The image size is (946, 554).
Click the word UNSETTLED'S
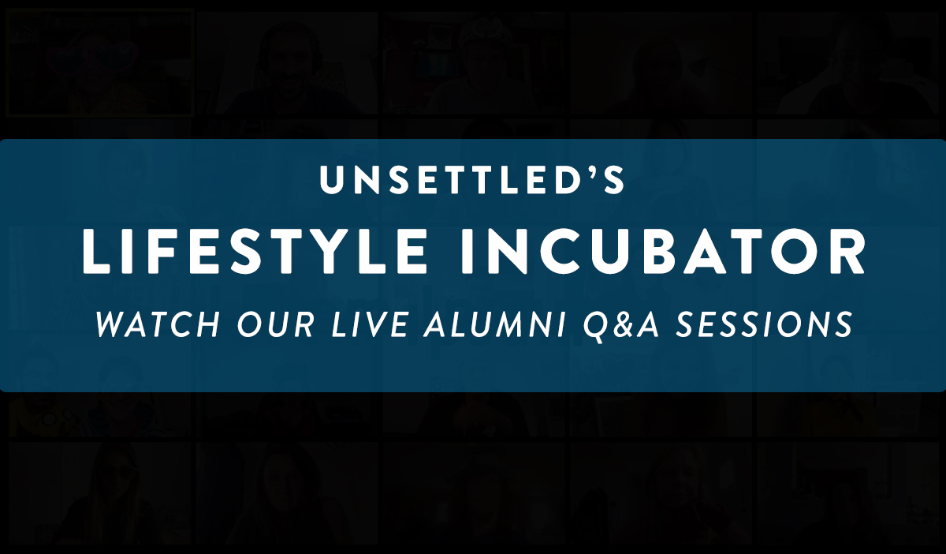pyautogui.click(x=471, y=179)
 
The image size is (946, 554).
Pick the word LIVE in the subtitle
pyautogui.click(x=370, y=325)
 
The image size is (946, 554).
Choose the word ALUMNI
pyautogui.click(x=495, y=325)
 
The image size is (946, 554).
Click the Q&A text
pyautogui.click(x=621, y=326)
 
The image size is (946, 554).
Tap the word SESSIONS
pyautogui.click(x=765, y=325)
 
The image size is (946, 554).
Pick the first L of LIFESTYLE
pyautogui.click(x=96, y=252)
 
